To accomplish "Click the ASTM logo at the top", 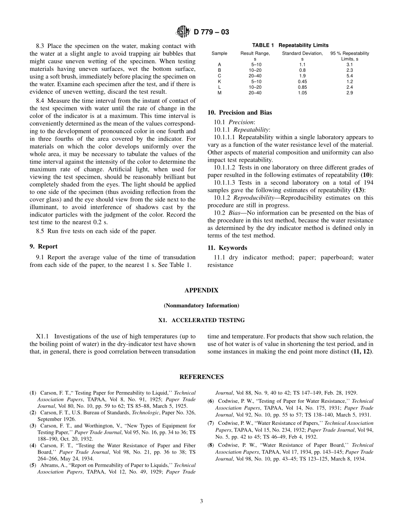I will click(x=184, y=32).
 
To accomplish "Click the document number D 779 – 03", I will click(x=211, y=32).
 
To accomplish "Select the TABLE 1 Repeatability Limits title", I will click(x=290, y=45).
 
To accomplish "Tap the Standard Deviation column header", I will click(x=302, y=53).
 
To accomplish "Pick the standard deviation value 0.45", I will click(x=302, y=81).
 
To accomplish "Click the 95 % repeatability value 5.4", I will click(x=350, y=76).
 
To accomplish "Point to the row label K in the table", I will click(x=219, y=81).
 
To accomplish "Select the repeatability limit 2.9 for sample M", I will click(x=350, y=93).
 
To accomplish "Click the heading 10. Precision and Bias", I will click(x=239, y=112).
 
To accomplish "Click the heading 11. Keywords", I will click(x=227, y=248).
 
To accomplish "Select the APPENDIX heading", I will click(x=201, y=290).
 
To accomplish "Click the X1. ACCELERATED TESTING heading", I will click(x=201, y=320).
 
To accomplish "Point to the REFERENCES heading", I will click(x=201, y=377).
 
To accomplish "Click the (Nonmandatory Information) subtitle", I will click(x=201, y=305).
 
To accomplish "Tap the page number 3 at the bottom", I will click(x=202, y=501).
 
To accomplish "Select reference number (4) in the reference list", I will click(x=33, y=446).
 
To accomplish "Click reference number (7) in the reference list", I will click(x=211, y=423).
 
